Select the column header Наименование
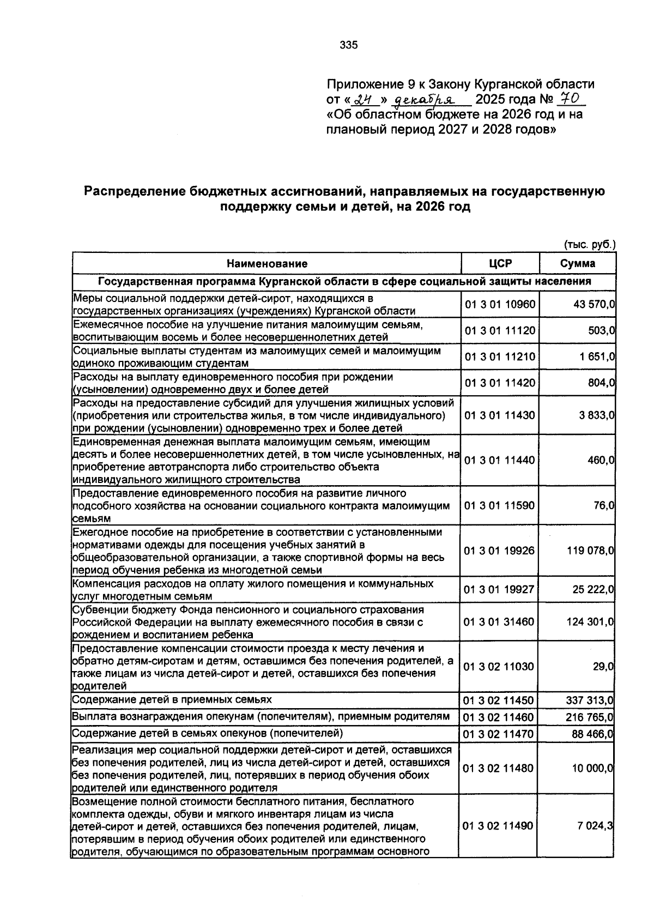click(267, 264)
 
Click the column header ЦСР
click(500, 264)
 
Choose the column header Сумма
click(578, 264)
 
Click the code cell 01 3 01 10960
click(499, 304)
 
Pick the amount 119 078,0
click(591, 551)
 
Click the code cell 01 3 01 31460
click(499, 622)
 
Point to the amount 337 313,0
click(591, 700)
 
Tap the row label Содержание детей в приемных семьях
click(172, 699)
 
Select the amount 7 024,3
click(595, 826)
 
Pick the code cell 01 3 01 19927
click(499, 590)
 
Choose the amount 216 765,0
click(591, 717)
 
